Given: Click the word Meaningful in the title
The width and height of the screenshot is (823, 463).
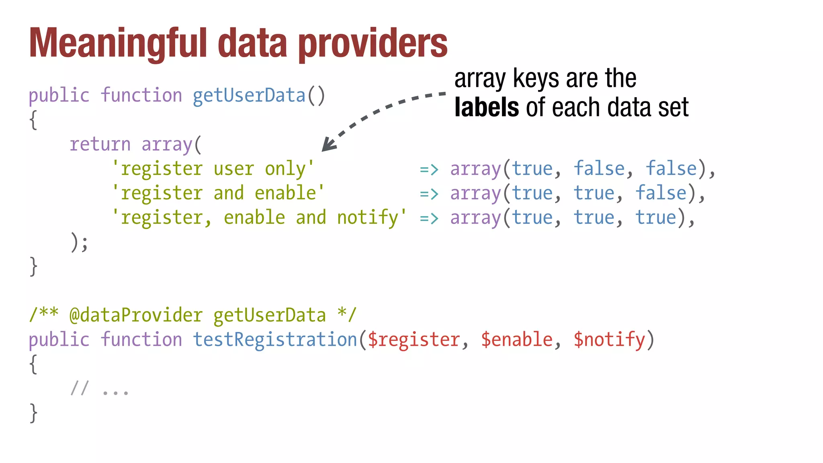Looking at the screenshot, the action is (118, 43).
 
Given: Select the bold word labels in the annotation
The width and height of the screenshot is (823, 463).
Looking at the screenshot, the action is (487, 107).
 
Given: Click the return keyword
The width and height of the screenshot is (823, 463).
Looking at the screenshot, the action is (100, 144).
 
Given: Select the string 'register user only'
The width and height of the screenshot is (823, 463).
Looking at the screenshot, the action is (213, 169).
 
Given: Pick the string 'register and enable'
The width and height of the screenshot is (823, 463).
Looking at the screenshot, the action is (218, 193).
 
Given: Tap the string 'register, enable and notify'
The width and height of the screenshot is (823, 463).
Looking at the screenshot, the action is (259, 218).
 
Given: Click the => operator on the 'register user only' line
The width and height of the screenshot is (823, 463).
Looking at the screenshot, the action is (429, 170).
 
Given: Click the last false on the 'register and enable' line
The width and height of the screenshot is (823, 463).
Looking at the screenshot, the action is (661, 193).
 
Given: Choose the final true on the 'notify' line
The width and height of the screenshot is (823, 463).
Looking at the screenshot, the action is (655, 218).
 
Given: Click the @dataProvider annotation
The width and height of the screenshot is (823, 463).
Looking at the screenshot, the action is (136, 315).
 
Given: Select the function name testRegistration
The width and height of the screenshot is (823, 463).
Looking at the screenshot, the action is (275, 340).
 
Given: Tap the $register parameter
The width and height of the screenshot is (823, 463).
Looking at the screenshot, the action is (414, 340).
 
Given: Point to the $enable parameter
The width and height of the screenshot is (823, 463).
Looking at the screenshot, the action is (516, 340).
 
